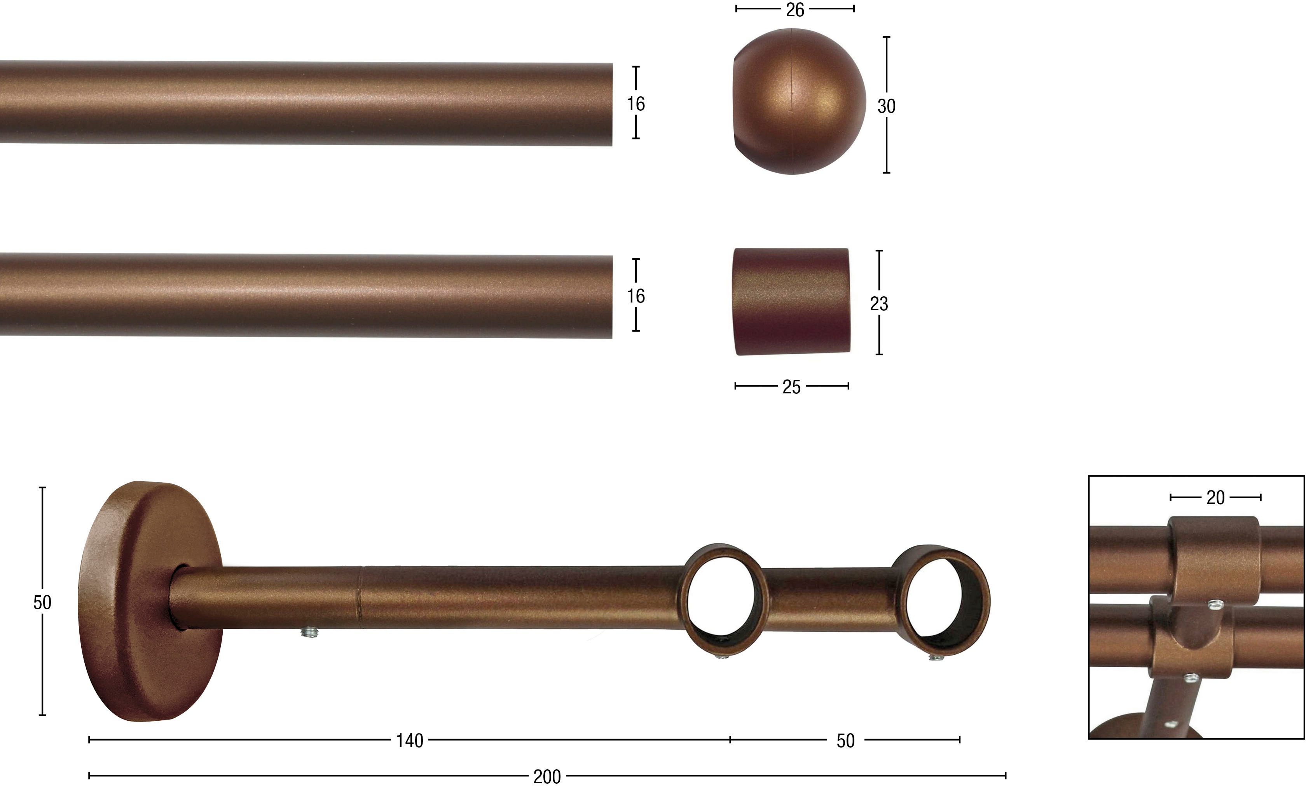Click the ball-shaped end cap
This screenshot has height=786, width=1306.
pyautogui.click(x=799, y=101)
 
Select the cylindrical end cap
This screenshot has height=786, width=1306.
pyautogui.click(x=792, y=301)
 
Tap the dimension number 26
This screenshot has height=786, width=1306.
pyautogui.click(x=794, y=10)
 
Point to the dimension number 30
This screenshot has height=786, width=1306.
pyautogui.click(x=886, y=106)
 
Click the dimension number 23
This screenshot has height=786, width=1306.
pyautogui.click(x=879, y=304)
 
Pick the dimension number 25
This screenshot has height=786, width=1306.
pyautogui.click(x=791, y=387)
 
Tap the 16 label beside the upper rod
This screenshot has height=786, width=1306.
pyautogui.click(x=636, y=104)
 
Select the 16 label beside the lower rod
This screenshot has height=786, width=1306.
pyautogui.click(x=636, y=296)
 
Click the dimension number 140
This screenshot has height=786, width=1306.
pyautogui.click(x=410, y=741)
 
